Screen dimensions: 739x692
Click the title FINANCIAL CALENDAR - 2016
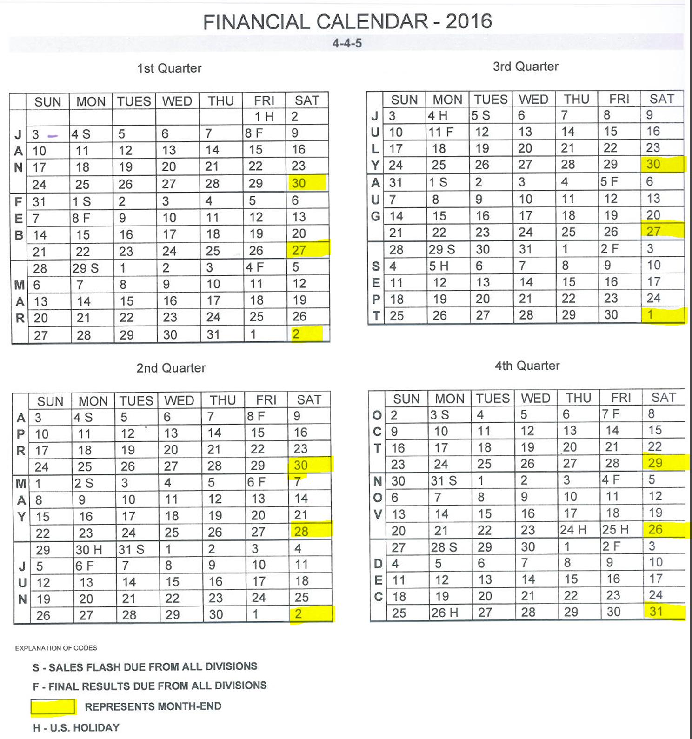click(347, 22)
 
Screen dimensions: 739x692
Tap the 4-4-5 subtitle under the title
click(347, 43)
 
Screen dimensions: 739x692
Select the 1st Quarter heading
click(169, 68)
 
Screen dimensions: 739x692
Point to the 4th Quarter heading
click(527, 366)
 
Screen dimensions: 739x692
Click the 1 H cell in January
click(264, 117)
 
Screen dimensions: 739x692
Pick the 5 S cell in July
click(480, 115)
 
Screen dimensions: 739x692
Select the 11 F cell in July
click(440, 132)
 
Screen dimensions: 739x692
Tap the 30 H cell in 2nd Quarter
click(89, 550)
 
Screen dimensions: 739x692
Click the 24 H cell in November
click(573, 530)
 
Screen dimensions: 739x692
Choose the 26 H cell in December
click(445, 613)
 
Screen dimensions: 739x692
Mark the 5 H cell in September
click(439, 266)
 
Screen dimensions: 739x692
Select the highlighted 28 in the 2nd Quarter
click(301, 531)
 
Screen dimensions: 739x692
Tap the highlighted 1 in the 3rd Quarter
click(651, 315)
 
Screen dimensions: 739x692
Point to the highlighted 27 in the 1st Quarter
click(299, 250)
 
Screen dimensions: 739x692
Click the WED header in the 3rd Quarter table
click(533, 100)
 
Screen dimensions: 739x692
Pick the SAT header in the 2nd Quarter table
click(309, 400)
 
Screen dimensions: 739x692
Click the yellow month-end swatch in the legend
click(53, 707)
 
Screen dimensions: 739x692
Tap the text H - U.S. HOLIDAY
click(76, 727)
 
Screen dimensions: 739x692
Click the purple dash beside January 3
click(53, 136)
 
